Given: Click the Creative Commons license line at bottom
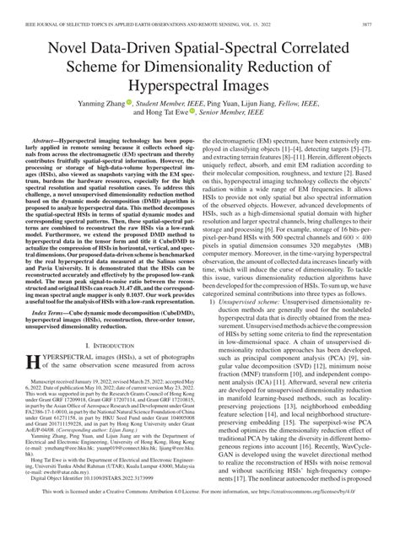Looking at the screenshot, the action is tap(200, 516).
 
